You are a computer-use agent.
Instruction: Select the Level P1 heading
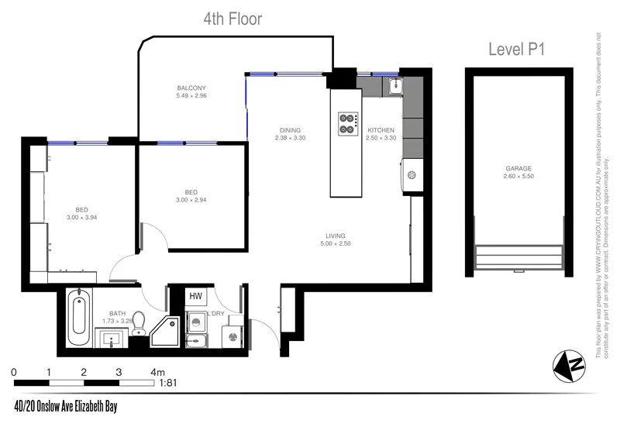pos(518,50)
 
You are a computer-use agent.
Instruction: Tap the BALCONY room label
pos(191,88)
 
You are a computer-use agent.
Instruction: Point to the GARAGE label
pos(518,168)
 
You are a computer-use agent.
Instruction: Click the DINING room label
pos(291,130)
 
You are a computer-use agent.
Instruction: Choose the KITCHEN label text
pos(381,130)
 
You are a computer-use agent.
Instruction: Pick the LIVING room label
pos(335,236)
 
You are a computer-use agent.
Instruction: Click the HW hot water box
pos(195,296)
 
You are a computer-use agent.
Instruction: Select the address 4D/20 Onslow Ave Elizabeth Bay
pos(65,406)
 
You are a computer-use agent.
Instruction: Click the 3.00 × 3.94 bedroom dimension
pos(81,217)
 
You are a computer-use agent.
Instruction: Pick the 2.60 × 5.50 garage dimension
pos(518,176)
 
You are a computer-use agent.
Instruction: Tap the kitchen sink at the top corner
pos(394,85)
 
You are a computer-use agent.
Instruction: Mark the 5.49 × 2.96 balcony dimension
pos(191,97)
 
